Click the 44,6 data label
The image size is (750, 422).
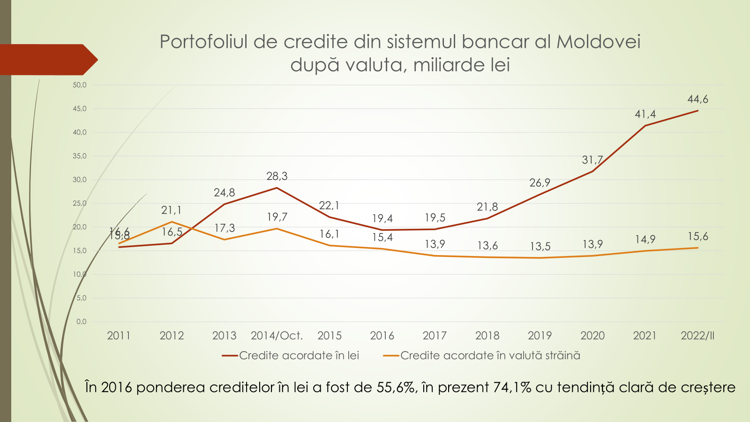click(697, 99)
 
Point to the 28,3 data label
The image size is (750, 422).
click(277, 176)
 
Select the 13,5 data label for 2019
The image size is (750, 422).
click(540, 247)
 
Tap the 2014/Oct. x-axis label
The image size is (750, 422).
click(277, 336)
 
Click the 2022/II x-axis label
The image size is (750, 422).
click(697, 336)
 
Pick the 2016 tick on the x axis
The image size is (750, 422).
click(382, 336)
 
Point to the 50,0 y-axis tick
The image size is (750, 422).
click(80, 85)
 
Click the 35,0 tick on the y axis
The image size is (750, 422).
click(80, 156)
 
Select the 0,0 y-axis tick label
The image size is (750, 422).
click(81, 322)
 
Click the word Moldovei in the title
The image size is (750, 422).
click(598, 42)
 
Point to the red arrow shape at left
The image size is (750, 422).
click(47, 60)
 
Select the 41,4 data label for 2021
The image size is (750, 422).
click(645, 114)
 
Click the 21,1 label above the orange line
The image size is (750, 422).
click(171, 211)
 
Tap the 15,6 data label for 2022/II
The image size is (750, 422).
click(697, 237)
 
